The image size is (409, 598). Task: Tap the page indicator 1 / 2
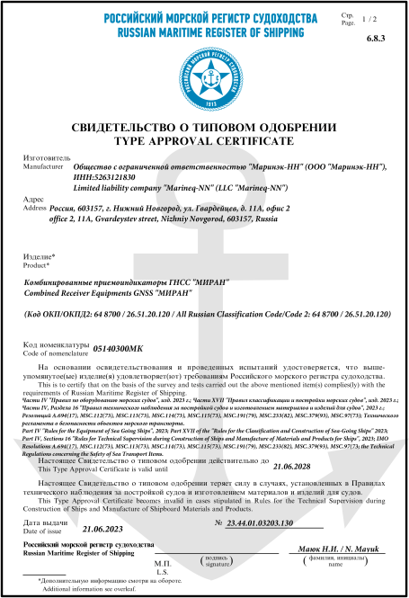pyautogui.click(x=369, y=19)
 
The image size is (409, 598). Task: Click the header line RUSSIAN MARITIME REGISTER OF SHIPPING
pyautogui.click(x=204, y=31)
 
